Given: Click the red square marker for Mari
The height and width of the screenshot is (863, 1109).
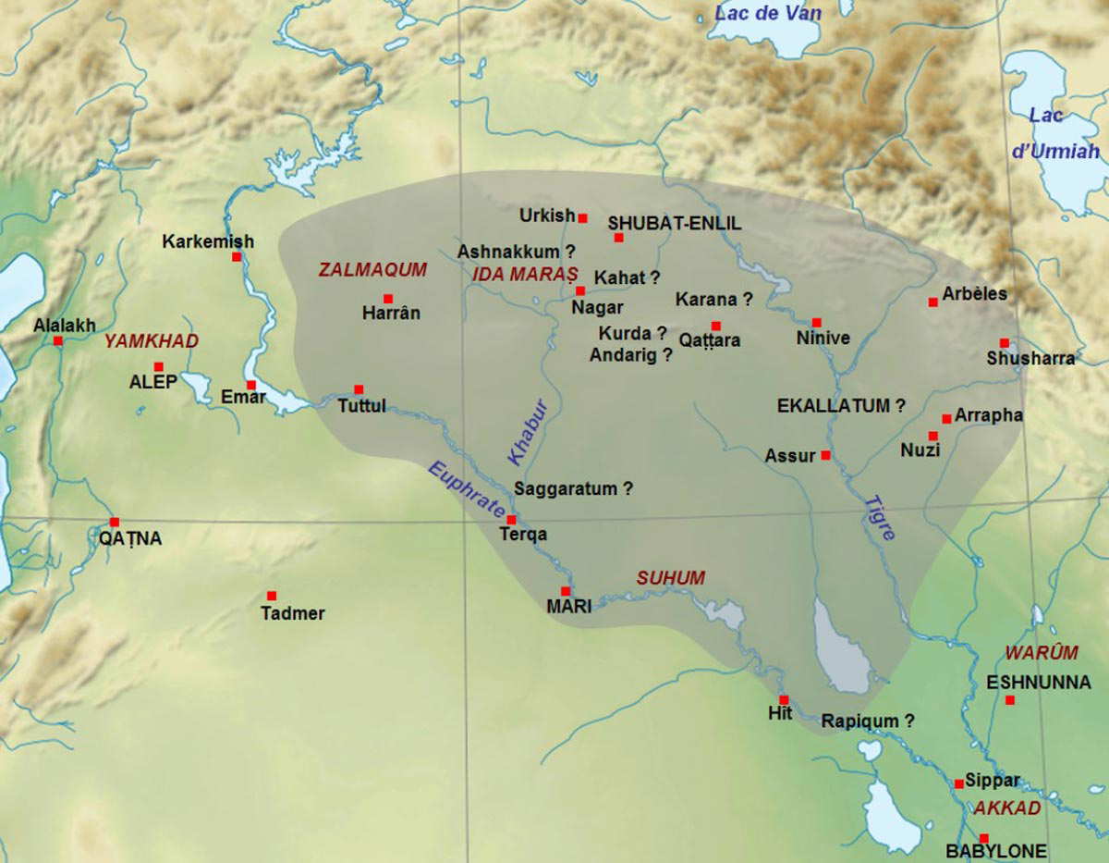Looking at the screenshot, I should (x=566, y=591).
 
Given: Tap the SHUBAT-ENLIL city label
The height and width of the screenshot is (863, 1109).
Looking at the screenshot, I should (x=674, y=223).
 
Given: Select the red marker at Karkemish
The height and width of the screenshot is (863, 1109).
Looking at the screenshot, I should (x=237, y=256).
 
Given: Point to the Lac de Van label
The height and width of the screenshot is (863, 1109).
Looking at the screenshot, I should (x=768, y=13).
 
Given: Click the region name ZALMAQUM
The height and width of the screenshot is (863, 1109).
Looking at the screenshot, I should (x=372, y=270).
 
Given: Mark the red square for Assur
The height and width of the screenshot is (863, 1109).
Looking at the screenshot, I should (x=825, y=455).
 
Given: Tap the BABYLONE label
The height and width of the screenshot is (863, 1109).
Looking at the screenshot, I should (x=996, y=851).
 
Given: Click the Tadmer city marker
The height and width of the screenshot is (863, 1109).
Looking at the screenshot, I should (x=272, y=596).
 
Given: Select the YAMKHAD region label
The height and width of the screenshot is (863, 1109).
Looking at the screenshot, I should (x=151, y=341).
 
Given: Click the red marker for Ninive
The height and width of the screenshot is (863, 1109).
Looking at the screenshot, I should (x=816, y=323).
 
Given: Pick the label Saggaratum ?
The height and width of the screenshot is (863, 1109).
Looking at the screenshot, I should (x=573, y=489).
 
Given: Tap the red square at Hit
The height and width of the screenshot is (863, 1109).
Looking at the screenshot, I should (x=784, y=699).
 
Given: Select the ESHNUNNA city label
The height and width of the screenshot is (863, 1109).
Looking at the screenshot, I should (x=1039, y=683).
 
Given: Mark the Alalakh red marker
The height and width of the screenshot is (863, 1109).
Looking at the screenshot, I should (x=58, y=340).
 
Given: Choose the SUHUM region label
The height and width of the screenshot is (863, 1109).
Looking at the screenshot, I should (x=670, y=578).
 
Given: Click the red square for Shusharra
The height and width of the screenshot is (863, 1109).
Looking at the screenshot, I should (x=1004, y=343).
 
